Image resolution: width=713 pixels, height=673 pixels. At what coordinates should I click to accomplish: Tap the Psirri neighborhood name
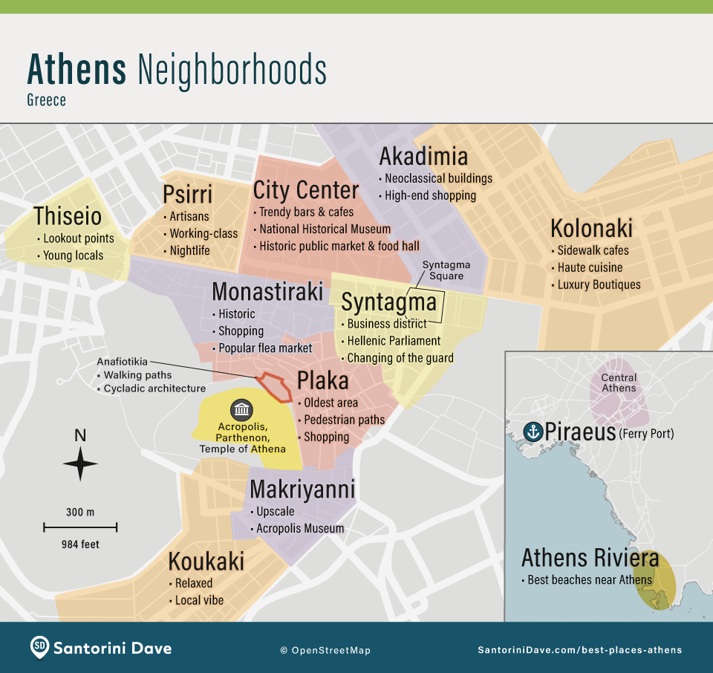click(187, 195)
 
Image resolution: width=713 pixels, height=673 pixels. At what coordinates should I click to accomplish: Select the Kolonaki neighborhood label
click(591, 228)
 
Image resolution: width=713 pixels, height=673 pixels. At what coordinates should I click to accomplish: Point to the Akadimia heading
click(423, 156)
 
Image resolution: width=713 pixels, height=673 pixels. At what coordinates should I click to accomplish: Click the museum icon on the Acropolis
click(241, 409)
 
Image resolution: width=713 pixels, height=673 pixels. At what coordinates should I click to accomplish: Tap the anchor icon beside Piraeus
click(533, 432)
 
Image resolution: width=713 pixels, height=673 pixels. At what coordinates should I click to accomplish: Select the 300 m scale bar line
click(80, 527)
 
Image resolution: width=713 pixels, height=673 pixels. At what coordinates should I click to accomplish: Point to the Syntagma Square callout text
click(443, 270)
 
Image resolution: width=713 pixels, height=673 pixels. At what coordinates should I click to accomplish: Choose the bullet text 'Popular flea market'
click(265, 348)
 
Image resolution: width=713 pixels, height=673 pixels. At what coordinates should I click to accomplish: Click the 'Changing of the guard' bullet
click(400, 358)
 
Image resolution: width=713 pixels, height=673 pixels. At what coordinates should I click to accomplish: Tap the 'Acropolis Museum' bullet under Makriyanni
click(300, 528)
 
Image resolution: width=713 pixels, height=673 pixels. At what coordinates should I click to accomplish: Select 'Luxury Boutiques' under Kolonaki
click(599, 285)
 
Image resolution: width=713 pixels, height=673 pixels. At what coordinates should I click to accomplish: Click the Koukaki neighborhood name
click(206, 562)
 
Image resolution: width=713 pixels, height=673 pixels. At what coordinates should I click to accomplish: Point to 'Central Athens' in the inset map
click(619, 383)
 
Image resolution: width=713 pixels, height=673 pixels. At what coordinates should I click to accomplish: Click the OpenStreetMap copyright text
click(325, 650)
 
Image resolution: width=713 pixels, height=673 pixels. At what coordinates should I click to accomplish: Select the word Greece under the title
click(47, 100)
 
